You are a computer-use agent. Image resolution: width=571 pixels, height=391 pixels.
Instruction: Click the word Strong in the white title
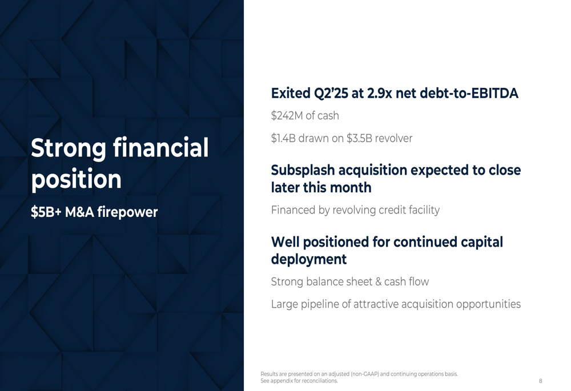point(69,148)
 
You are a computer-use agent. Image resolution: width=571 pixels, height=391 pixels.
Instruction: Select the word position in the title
point(76,179)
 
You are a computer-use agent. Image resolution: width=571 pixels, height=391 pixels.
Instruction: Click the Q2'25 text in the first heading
point(326,94)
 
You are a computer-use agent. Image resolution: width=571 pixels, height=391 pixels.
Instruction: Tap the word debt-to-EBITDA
point(469,94)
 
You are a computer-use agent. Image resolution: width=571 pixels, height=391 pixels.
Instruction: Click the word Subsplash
point(303,170)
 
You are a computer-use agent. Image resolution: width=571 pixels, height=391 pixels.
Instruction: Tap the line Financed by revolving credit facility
point(355,210)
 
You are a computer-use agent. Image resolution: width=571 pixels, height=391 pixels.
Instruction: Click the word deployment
point(309,260)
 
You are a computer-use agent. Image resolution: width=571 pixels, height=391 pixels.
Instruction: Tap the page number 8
point(540,381)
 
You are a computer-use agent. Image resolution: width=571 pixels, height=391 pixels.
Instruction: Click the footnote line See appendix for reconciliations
point(299,381)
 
